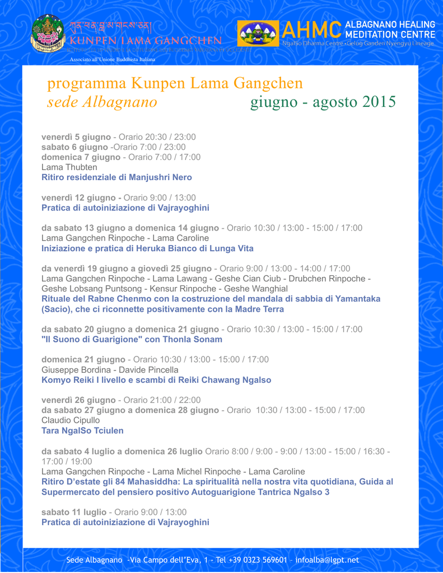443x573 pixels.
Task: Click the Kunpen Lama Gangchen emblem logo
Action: coord(48,34)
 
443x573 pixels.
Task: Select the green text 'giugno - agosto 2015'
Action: coord(323,102)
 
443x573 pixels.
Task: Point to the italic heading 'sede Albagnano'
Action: coord(102,102)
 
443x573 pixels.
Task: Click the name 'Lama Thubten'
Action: coord(69,167)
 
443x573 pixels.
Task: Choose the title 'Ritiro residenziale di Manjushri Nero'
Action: coord(116,177)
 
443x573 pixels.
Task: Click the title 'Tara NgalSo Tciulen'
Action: coord(82,430)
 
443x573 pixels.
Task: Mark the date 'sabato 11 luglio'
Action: coord(74,512)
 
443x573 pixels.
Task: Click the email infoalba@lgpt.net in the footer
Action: coord(327,560)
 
